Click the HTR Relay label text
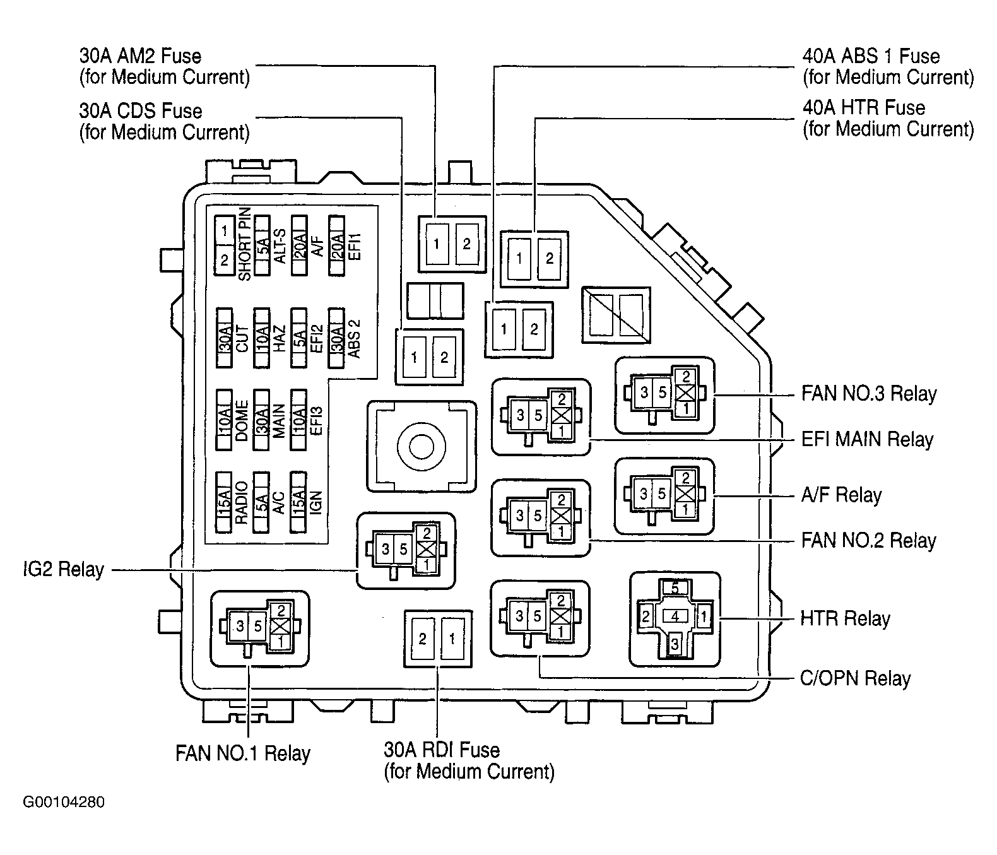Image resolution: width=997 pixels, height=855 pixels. [x=845, y=618]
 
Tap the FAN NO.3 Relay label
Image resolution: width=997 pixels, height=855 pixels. [x=869, y=394]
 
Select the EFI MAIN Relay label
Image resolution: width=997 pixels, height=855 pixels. [x=867, y=439]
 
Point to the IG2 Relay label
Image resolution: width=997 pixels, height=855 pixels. [x=64, y=569]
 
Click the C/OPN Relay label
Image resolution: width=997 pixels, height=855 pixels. [x=855, y=678]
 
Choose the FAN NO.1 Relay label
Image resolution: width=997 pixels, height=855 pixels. [x=242, y=753]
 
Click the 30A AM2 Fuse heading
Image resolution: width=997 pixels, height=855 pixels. [x=140, y=56]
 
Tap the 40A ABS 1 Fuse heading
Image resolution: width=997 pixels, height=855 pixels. [x=871, y=56]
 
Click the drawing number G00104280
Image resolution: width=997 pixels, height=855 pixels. [x=64, y=802]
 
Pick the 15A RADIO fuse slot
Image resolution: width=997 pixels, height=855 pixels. [x=224, y=502]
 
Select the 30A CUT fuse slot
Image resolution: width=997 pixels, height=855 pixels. [x=224, y=338]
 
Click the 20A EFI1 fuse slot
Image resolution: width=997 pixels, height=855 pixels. [x=337, y=245]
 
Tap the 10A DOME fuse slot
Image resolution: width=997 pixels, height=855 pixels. [x=224, y=420]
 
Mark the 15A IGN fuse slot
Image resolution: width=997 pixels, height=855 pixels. [x=298, y=502]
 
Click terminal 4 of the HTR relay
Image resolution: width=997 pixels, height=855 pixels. [x=675, y=616]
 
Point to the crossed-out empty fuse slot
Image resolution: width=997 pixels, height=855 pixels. [x=616, y=315]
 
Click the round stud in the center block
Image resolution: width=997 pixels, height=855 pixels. [x=422, y=447]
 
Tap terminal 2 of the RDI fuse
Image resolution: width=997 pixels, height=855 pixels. [x=423, y=639]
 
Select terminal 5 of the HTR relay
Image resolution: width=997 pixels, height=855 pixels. [x=675, y=588]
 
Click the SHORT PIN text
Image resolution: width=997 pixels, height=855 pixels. [x=245, y=244]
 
